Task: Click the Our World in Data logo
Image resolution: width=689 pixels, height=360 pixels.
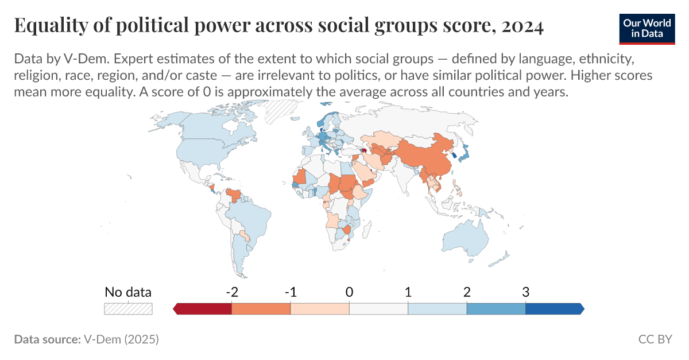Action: point(647,27)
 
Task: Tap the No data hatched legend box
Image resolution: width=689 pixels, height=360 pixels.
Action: point(128,308)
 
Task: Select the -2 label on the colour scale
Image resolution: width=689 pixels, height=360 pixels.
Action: point(231,292)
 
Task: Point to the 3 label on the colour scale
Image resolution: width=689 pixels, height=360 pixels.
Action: point(525,292)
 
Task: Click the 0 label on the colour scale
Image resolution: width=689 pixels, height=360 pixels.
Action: point(349,292)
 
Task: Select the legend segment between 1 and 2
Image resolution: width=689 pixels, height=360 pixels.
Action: point(437,309)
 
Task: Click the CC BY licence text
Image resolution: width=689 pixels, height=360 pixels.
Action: point(655,339)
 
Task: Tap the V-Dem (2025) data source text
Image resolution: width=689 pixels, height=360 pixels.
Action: point(121,339)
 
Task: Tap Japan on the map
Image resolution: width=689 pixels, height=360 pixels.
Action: point(463,152)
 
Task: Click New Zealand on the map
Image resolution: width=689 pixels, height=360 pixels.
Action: point(504,256)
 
